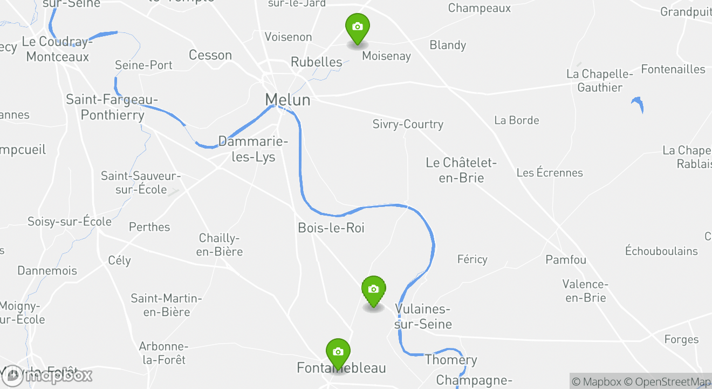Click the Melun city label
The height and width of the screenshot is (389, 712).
(287, 100)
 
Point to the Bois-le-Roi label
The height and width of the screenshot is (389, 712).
(331, 228)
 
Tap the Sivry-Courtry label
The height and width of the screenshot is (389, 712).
(408, 124)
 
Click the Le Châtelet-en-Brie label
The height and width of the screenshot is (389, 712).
(461, 170)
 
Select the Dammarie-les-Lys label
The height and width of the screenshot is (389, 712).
(253, 149)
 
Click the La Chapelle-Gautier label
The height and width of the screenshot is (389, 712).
(599, 81)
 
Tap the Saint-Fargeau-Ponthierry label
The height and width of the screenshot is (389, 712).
(112, 107)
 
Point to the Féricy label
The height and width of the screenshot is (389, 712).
(472, 259)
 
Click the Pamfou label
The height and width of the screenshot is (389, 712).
(566, 260)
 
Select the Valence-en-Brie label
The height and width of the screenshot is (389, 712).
(585, 291)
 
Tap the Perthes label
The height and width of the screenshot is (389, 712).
(149, 227)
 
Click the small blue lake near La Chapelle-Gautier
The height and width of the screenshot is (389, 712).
(638, 103)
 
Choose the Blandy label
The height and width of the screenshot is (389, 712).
(448, 45)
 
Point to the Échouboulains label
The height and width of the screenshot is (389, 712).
(661, 251)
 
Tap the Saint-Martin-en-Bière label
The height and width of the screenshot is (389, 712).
(166, 305)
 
